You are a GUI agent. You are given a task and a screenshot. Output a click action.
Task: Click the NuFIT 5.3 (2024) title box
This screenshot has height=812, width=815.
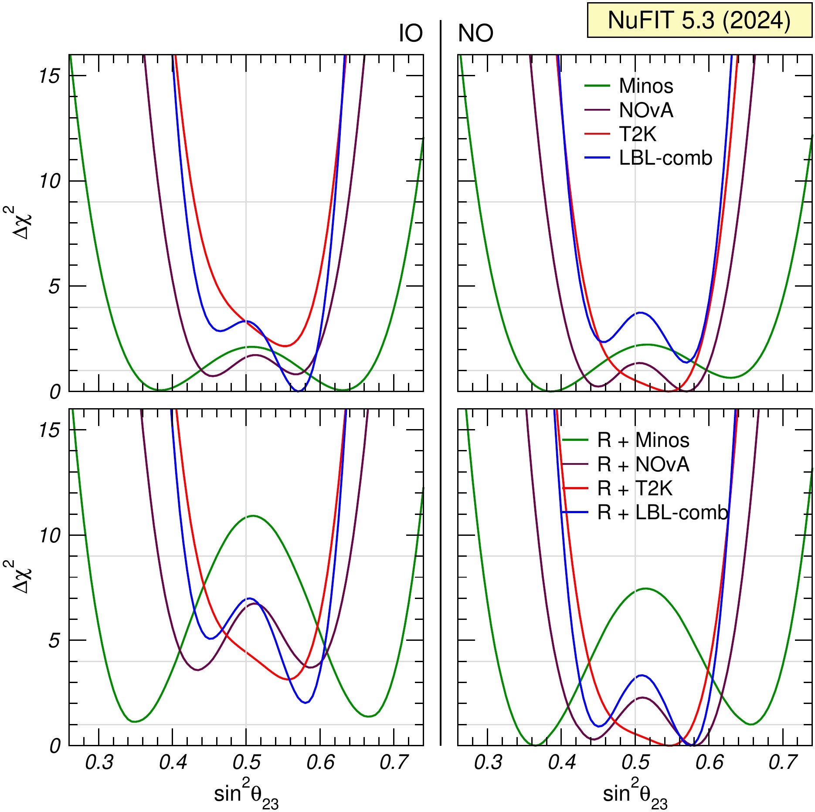point(699,20)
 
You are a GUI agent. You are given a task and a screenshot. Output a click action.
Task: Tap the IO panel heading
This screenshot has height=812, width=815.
point(411,34)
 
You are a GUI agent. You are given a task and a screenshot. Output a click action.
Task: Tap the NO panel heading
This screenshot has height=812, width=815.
point(475,34)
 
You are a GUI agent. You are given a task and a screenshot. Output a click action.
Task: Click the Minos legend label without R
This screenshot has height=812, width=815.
point(646,86)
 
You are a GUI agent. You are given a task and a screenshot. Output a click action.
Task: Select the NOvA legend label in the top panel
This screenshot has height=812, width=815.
point(646,111)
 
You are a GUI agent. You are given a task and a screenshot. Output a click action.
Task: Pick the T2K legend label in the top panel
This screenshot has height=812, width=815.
point(637,134)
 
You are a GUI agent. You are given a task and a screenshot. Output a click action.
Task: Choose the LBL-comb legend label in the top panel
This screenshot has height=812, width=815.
point(665,158)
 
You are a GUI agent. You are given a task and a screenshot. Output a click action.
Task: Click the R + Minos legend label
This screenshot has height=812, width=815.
point(643,440)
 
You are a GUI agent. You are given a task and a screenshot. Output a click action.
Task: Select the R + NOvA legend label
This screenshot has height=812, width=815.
point(643,465)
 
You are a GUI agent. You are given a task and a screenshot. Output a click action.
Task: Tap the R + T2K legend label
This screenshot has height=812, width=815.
point(635,489)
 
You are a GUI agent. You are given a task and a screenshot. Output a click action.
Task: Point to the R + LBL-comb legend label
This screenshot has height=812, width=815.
point(662,513)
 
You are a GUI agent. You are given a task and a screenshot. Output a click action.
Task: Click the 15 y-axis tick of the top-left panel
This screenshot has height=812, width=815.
point(49,77)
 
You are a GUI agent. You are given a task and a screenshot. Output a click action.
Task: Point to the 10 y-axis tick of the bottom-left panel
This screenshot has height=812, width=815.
point(49,535)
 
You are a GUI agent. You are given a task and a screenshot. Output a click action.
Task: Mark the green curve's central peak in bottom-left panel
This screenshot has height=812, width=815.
point(253,516)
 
